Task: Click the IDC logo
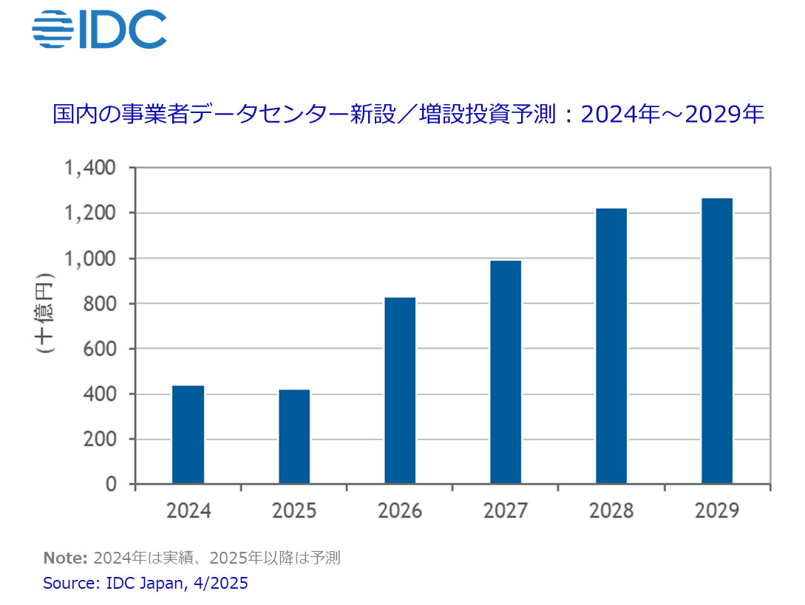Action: (x=99, y=30)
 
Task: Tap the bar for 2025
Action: (x=294, y=437)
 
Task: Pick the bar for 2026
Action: (x=400, y=391)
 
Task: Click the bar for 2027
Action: (x=506, y=372)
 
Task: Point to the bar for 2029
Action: (x=717, y=341)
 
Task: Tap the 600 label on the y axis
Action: (x=100, y=349)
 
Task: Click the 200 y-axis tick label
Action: (x=100, y=439)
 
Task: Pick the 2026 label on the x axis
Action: (x=400, y=510)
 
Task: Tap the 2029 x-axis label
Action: (x=717, y=510)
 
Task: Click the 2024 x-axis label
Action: (x=188, y=510)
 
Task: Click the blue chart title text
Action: (x=408, y=114)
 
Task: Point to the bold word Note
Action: (x=66, y=558)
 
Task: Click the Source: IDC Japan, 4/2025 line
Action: (x=146, y=583)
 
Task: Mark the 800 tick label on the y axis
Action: (x=100, y=304)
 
